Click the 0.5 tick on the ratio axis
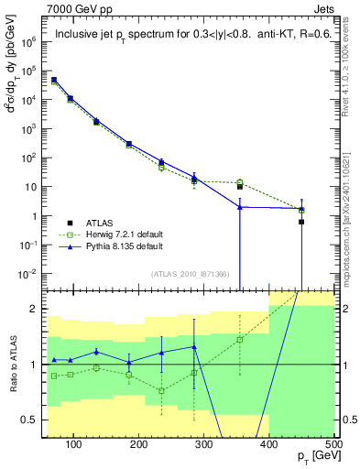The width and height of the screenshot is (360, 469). [31, 420]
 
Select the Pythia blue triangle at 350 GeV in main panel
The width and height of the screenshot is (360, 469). [240, 207]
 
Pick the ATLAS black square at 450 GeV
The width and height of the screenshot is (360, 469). [301, 222]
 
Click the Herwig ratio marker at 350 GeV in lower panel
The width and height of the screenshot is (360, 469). [240, 340]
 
